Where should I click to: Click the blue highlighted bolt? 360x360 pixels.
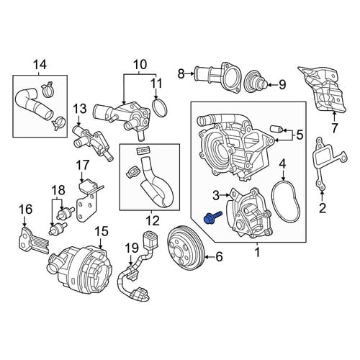coord(212,217)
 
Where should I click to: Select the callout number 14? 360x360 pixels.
coord(40,65)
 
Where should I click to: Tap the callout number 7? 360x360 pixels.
coord(334,128)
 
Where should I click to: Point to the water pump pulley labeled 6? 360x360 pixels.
coord(186,248)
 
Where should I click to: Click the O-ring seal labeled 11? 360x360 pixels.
coord(160,108)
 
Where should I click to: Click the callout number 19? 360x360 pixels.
coord(132,249)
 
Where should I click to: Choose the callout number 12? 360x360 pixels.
coord(153,220)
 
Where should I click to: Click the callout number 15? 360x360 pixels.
coord(102,232)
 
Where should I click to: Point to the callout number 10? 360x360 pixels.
coord(140,65)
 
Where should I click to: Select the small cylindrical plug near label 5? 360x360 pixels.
coord(276,130)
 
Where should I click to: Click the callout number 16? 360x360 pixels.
coord(26,209)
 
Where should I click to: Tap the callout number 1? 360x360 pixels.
coord(257,253)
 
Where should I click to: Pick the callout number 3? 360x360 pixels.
coord(216,196)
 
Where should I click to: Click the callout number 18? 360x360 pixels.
coord(58,190)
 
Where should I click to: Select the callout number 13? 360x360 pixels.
coord(80,109)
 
